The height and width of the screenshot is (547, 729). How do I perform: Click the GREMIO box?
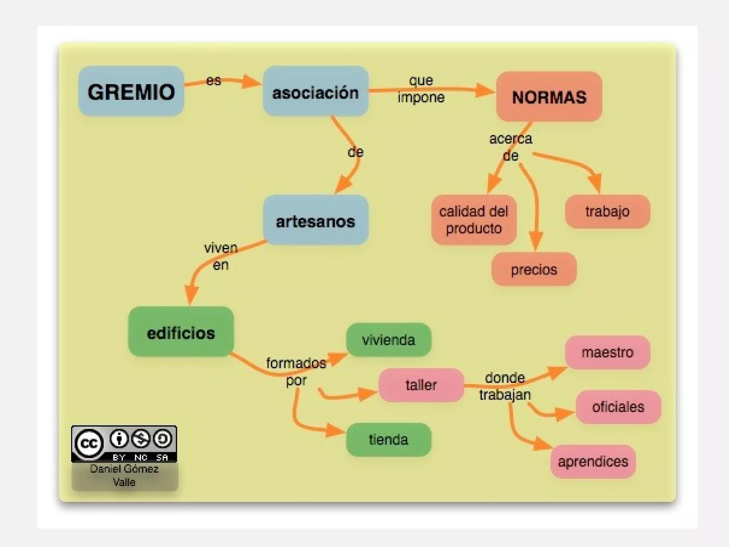131,91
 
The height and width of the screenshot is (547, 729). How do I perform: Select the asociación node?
315,91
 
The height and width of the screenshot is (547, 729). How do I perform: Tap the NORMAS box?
549,97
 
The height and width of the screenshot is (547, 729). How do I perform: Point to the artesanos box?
315,220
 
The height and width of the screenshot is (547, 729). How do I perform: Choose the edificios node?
181,332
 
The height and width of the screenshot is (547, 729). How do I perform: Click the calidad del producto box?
473,220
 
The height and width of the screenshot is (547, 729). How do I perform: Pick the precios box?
534,269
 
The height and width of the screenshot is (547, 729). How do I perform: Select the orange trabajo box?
607,212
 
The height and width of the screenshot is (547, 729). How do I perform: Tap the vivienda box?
388,340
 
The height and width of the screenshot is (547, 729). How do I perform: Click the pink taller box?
421,385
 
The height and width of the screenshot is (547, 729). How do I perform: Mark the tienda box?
388,440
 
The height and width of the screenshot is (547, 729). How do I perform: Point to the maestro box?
607,352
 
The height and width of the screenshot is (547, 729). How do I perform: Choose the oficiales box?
618,407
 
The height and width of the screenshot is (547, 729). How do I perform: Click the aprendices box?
593,462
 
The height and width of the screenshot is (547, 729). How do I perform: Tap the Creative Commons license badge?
124,444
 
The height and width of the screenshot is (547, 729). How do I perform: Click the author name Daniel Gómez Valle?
124,475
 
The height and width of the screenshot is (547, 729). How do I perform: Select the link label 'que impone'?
421,89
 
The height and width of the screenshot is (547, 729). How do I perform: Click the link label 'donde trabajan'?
505,386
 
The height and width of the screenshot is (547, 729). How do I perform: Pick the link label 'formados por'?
296,372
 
